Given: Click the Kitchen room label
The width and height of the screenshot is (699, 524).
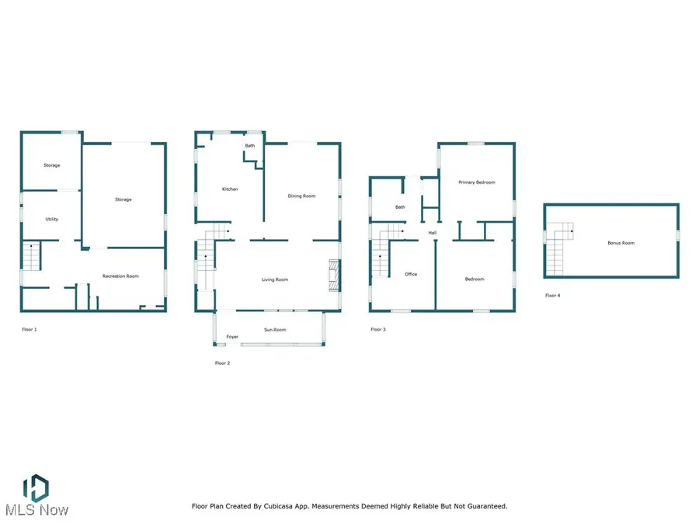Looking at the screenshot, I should pos(230,189).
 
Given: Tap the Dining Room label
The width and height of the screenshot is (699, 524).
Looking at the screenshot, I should pos(302,196).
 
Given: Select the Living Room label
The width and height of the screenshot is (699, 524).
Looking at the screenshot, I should pos(275,279).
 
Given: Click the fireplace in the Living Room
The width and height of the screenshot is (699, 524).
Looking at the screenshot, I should pos(334,275).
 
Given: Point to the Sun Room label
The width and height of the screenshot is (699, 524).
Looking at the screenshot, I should pos(275,330).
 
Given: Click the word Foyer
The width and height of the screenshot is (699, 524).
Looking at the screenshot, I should pos(232,337).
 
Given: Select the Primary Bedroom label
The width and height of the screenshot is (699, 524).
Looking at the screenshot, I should pos(476,182).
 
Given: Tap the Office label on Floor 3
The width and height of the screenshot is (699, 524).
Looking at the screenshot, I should pos(412,274).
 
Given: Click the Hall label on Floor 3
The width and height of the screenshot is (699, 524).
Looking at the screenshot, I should pos(432,233).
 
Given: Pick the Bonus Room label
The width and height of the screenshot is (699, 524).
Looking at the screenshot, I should pos(621,243).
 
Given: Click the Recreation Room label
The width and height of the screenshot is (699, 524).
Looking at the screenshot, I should pos(121,276).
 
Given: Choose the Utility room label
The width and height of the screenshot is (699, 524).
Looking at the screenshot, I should pos(51,219).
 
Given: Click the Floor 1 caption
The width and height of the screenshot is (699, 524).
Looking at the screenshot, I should pos(30,330).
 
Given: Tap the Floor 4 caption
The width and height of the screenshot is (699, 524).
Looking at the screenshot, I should pos(552,296).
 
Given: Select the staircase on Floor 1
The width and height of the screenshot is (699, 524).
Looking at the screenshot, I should pos(30,256).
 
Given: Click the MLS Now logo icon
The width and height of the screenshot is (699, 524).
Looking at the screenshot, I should pos(35,488).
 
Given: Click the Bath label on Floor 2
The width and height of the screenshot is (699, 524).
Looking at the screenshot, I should pos(250,146).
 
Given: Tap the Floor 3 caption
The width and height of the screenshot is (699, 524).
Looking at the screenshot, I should pos(377,330).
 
